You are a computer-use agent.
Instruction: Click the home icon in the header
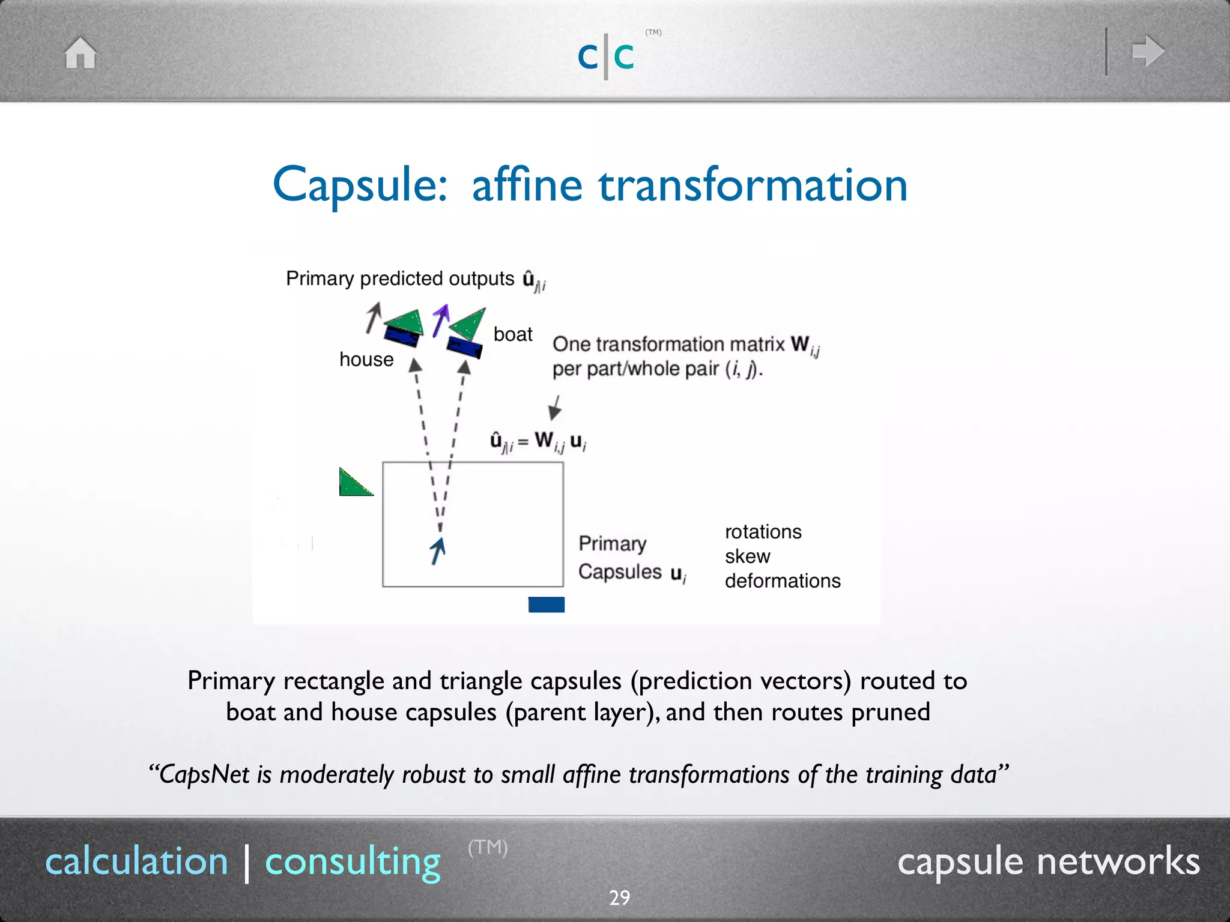pyautogui.click(x=80, y=53)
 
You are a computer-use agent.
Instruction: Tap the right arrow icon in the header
pyautogui.click(x=1147, y=51)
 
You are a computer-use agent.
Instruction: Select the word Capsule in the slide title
pyautogui.click(x=359, y=185)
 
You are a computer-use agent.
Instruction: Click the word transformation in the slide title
pyautogui.click(x=753, y=185)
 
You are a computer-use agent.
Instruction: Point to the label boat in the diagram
pyautogui.click(x=512, y=334)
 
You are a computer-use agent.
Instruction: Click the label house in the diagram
pyautogui.click(x=366, y=360)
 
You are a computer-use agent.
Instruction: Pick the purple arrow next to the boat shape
pyautogui.click(x=441, y=320)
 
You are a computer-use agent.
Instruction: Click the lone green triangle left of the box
pyautogui.click(x=353, y=484)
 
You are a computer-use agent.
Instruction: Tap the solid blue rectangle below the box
pyautogui.click(x=546, y=604)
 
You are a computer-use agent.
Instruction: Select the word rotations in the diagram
pyautogui.click(x=763, y=532)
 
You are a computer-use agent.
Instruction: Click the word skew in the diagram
pyautogui.click(x=747, y=556)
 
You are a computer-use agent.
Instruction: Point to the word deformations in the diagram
pyautogui.click(x=782, y=581)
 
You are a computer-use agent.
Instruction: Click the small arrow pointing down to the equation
pyautogui.click(x=556, y=408)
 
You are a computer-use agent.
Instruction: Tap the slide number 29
pyautogui.click(x=619, y=897)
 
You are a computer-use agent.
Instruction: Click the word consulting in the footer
pyautogui.click(x=353, y=862)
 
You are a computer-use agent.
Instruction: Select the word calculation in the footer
pyautogui.click(x=137, y=862)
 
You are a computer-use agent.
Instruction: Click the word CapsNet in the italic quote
pyautogui.click(x=204, y=775)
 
